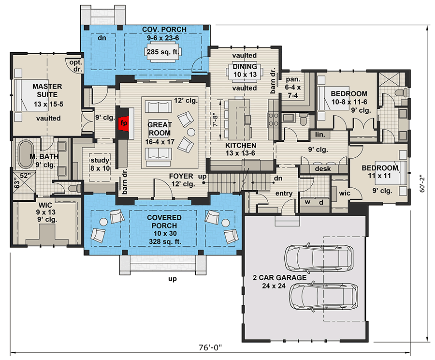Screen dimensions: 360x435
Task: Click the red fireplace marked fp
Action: [123, 123]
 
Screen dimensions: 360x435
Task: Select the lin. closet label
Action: [319, 134]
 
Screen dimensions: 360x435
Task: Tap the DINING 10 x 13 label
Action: [244, 71]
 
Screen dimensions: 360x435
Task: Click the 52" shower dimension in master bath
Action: [25, 176]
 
